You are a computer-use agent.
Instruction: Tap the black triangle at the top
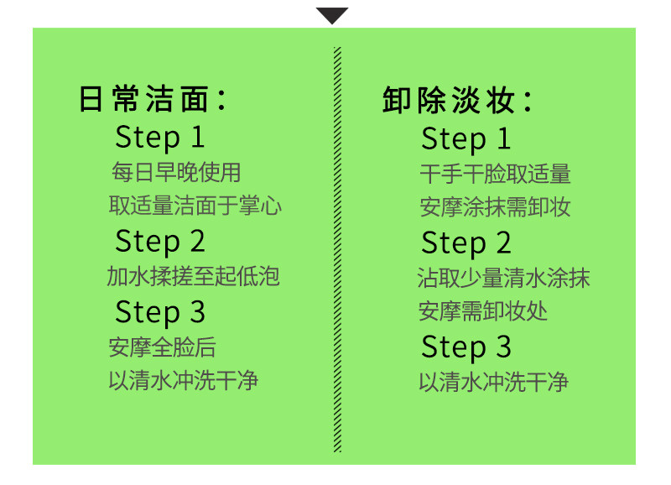click(333, 15)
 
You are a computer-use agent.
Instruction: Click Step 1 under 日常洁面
click(159, 137)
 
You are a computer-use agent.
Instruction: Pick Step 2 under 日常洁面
click(159, 241)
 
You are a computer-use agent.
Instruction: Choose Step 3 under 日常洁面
click(159, 311)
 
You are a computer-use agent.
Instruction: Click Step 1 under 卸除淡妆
click(466, 138)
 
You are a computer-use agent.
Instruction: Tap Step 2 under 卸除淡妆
click(466, 243)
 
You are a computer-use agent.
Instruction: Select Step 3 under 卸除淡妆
click(466, 347)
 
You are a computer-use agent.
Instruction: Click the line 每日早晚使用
click(176, 173)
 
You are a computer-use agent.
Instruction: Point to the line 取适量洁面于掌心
click(195, 206)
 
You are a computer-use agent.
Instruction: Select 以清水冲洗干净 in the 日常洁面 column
click(183, 381)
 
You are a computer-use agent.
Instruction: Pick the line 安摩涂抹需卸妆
click(495, 207)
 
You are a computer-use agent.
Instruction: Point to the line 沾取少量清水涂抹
click(503, 278)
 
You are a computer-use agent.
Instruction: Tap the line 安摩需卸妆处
click(483, 311)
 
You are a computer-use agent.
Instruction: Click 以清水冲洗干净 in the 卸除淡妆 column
click(494, 383)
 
